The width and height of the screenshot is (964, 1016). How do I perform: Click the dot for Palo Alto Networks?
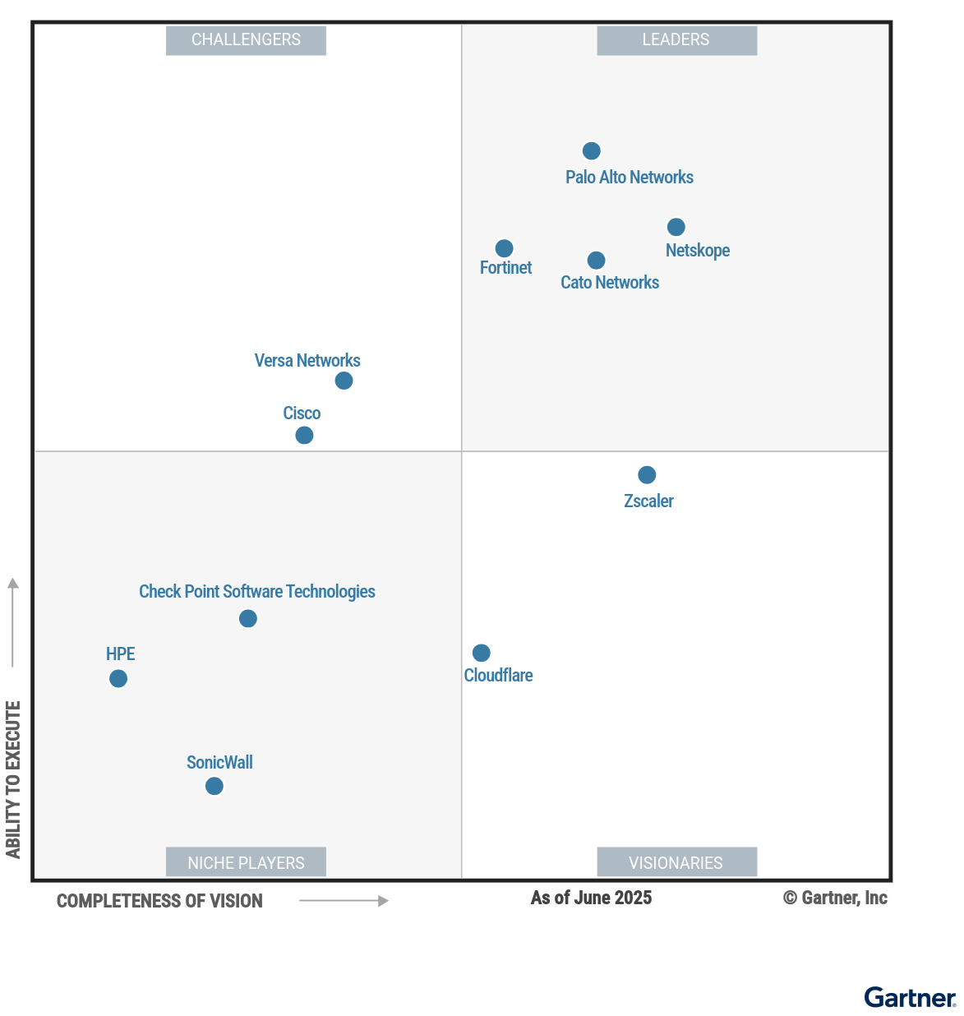point(591,150)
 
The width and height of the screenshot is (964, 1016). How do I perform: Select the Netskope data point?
point(676,227)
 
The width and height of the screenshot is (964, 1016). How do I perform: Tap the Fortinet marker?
point(505,248)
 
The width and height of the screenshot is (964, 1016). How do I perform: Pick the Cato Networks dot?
point(597,261)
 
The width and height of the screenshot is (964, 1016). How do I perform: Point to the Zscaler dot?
point(647,475)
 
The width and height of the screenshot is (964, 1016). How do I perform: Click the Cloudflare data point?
point(482,653)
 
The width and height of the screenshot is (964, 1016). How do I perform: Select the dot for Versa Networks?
point(344,381)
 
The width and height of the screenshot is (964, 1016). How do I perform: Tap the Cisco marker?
point(304,435)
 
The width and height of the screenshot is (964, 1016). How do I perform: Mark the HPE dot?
point(118,678)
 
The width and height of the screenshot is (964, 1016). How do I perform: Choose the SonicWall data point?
point(214,786)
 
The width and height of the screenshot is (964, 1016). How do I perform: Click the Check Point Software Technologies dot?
point(248,618)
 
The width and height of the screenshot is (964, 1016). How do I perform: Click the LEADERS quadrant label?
point(676,40)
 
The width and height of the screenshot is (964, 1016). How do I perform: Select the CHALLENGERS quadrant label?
point(246,40)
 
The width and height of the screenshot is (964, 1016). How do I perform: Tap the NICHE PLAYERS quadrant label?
point(246,862)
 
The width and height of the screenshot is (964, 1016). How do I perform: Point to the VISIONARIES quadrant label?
point(676,862)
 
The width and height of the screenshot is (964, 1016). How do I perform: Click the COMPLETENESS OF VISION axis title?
point(159,901)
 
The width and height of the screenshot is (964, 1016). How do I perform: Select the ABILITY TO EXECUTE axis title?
point(13,779)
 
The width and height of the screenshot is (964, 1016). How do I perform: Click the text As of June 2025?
point(591,898)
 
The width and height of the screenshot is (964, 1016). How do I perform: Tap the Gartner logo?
point(910,997)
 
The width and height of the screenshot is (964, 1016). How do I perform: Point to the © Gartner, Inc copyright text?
point(835,898)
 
